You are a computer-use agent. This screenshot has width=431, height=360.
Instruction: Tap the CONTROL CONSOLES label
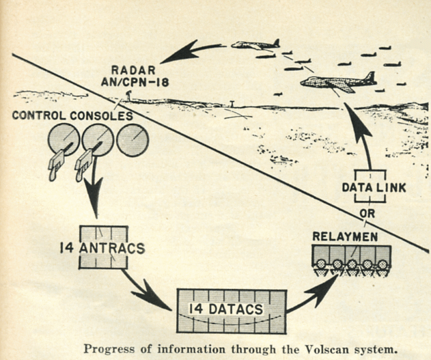[x=72, y=116]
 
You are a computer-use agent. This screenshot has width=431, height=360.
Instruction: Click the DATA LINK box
[x=370, y=186]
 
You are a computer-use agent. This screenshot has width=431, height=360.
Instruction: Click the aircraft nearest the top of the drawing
[x=255, y=45]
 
